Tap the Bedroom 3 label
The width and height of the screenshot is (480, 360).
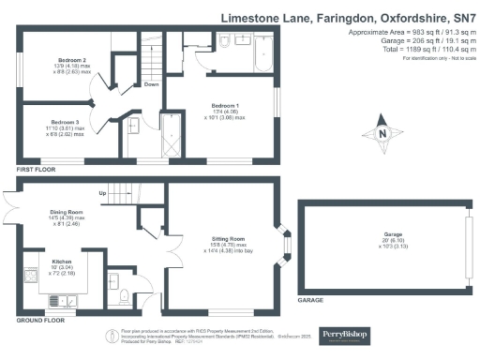point(64,122)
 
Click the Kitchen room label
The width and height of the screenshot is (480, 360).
point(62,261)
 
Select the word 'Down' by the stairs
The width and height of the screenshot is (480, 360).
point(152,84)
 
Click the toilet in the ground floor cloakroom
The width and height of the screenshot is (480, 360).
point(124,300)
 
